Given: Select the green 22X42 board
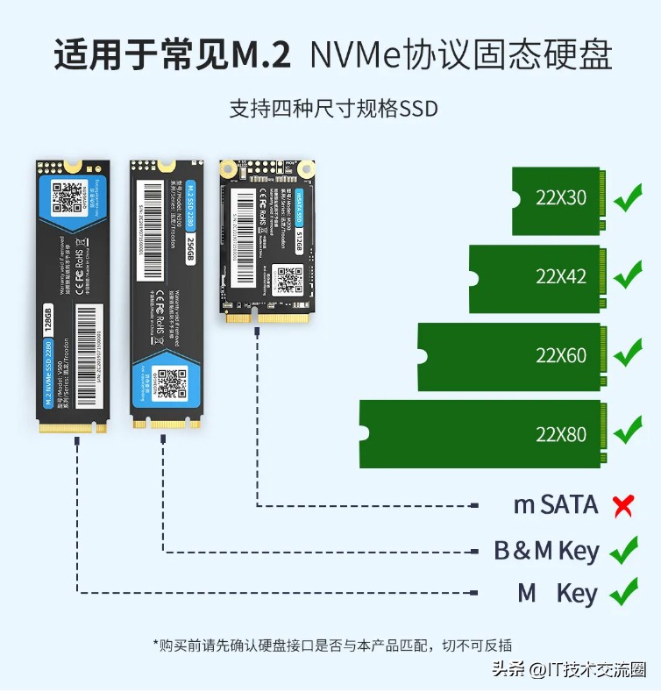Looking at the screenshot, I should pos(536,278).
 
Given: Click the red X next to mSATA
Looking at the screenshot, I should pos(623,505).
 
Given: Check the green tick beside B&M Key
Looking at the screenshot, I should pos(623,551).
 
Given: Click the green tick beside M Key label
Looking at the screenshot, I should pos(623,593).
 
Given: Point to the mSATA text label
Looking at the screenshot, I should pos(555,505).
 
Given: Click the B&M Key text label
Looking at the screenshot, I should pos(546,552).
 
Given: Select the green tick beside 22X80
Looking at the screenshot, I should pos(628,432).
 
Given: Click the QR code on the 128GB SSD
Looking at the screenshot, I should pos(68,198).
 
